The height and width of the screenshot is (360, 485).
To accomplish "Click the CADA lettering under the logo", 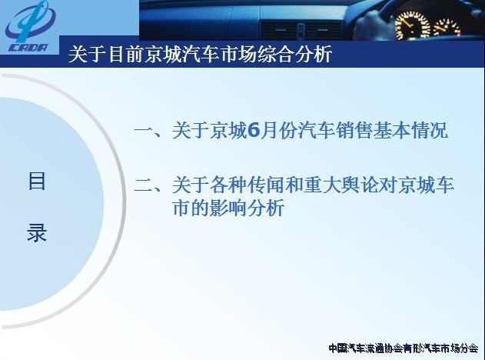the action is coord(28,48).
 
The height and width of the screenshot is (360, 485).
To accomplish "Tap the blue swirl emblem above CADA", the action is coord(30,22).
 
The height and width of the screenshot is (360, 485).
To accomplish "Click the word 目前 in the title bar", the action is coord(125,54).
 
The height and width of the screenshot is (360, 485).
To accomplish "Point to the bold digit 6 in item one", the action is coord(254,130).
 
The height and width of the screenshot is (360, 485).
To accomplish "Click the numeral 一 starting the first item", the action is coord(144,130).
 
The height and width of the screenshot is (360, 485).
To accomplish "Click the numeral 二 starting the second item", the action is coord(144,185).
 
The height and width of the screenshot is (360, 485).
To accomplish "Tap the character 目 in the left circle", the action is coord(37,182).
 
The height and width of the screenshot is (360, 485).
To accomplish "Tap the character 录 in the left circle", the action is coord(37,233).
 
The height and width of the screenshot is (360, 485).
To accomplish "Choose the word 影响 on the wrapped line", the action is coord(228,208).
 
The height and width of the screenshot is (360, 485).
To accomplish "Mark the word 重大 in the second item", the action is coord(321,185).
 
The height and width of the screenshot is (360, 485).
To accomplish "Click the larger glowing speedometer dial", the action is coord(412,25).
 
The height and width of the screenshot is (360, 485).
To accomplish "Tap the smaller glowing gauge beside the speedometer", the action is coord(447,27).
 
